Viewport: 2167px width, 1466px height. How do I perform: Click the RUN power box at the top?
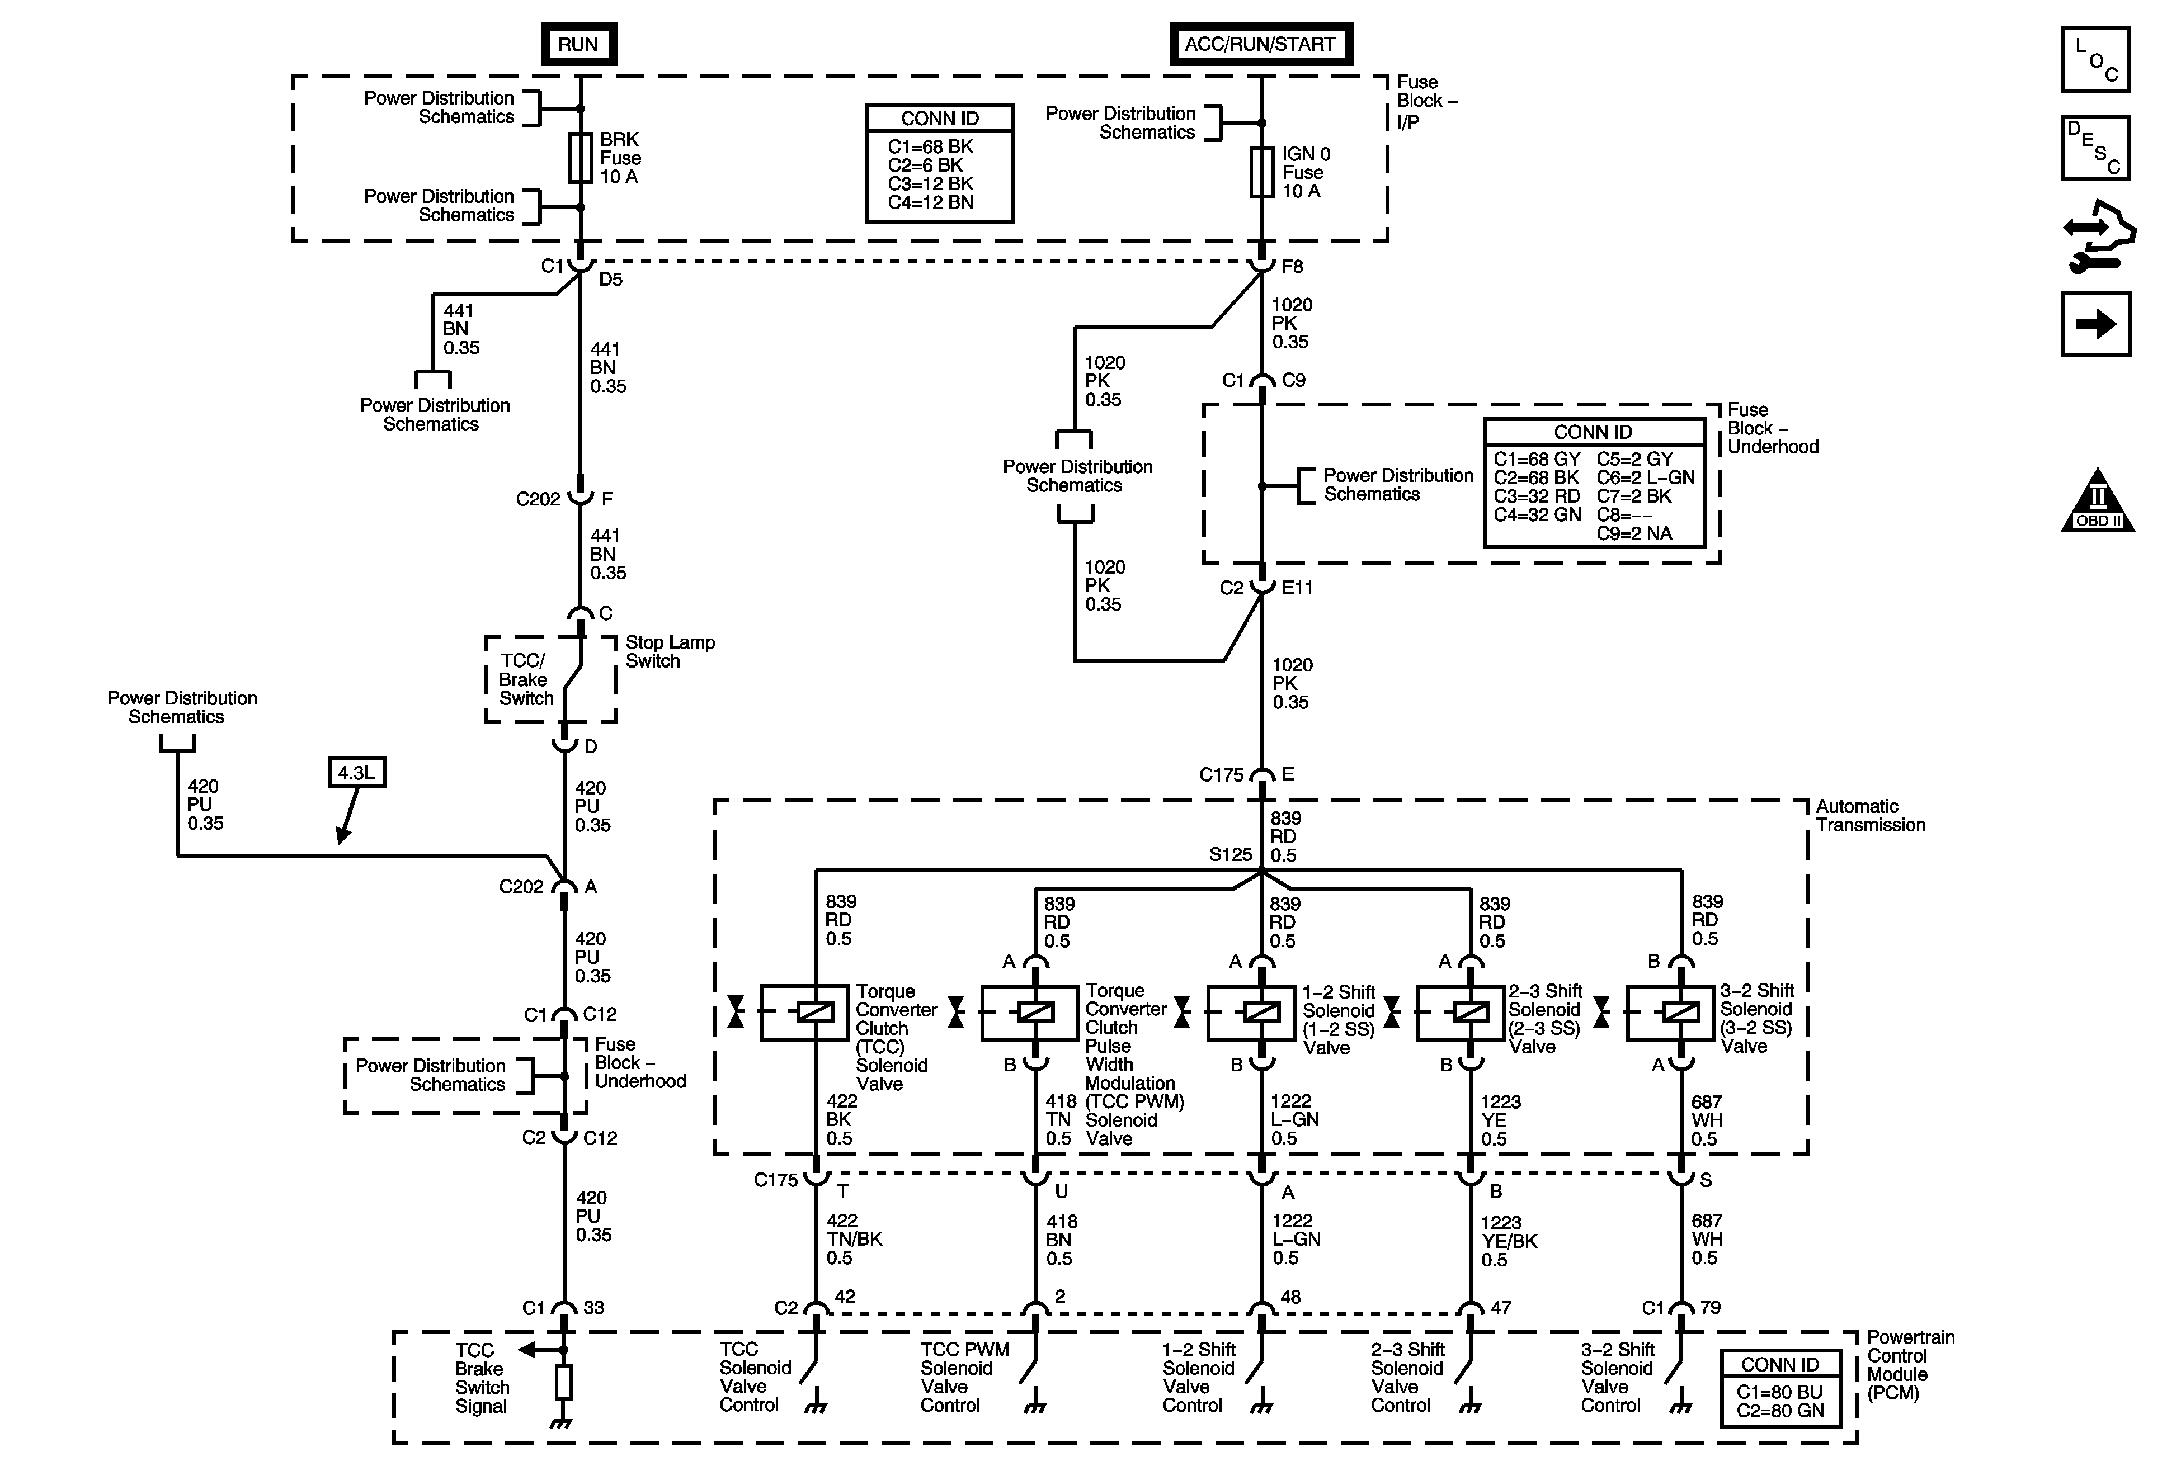click(578, 44)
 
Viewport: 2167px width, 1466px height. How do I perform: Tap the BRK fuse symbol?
click(580, 158)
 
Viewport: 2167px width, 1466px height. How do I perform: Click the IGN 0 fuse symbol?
click(1261, 172)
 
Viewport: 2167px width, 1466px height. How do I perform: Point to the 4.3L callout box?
click(356, 773)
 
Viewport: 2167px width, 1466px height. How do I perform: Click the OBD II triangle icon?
click(2097, 503)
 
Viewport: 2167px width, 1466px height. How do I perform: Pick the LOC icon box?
click(2095, 60)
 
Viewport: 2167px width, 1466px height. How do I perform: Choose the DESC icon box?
click(2095, 147)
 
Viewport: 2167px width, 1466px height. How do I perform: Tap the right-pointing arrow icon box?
click(2095, 324)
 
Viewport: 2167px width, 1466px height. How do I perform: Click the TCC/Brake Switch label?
click(525, 679)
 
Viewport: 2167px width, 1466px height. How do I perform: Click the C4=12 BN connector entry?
click(930, 202)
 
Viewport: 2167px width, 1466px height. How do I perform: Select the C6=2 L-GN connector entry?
click(1645, 477)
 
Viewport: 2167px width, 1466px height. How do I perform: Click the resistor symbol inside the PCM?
click(563, 1384)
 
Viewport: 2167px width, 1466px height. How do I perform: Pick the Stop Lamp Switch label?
click(670, 651)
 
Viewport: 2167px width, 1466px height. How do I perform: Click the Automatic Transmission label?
click(1869, 816)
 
